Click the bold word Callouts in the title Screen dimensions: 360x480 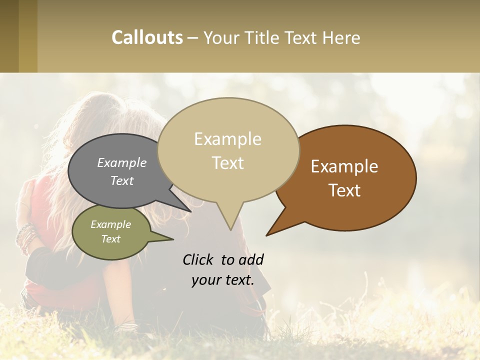(147, 37)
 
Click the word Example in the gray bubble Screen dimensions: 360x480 (122, 163)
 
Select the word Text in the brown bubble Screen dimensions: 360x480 (344, 190)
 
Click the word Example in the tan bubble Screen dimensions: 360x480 (227, 139)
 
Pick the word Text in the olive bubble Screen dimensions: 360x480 (110, 239)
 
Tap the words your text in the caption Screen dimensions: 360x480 (222, 280)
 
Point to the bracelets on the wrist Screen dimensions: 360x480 (25, 237)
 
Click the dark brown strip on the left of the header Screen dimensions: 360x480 (9, 36)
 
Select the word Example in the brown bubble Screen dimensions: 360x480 (344, 166)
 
